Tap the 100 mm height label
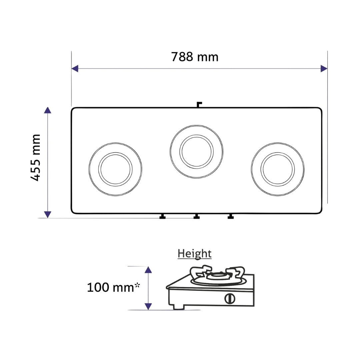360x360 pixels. pos(113,287)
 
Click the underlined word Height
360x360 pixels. pos(194,254)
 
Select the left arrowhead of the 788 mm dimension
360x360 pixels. pos(75,68)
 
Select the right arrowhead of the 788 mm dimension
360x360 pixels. pos(324,68)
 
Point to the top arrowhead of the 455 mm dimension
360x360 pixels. pos(48,110)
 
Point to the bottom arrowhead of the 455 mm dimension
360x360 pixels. pos(48,214)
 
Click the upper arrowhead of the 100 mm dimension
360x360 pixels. pos(148,270)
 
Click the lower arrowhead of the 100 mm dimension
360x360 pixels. pos(148,307)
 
